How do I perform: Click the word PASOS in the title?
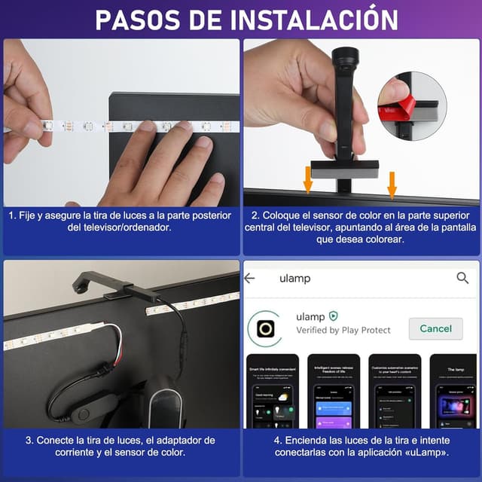136,19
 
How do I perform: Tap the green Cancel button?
435,328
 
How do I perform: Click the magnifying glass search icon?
462,278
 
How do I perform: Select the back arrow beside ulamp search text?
250,278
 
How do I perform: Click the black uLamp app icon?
266,329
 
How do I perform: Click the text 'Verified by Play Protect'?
343,330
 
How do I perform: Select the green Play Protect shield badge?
334,316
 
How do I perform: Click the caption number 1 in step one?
11,215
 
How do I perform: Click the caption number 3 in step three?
29,440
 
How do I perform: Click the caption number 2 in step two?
255,215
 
